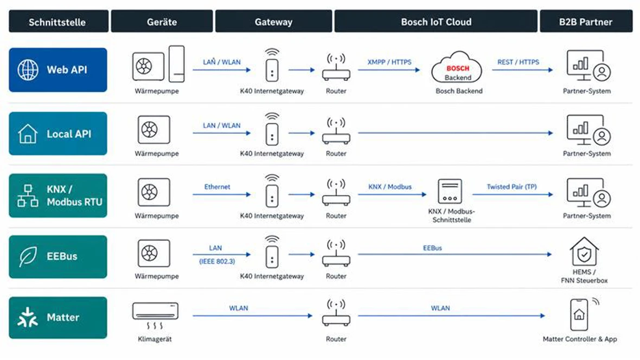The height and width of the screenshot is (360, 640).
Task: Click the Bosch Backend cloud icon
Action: click(457, 67)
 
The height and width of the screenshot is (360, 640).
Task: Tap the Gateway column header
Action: click(273, 22)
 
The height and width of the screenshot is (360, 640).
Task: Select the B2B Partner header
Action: click(586, 22)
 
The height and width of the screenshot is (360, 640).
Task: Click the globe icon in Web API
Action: click(28, 70)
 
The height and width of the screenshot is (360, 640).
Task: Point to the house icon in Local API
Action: click(28, 133)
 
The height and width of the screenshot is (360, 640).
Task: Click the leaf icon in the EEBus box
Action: click(28, 257)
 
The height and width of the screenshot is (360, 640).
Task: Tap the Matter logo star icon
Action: click(28, 318)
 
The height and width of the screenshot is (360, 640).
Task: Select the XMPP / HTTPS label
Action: click(389, 62)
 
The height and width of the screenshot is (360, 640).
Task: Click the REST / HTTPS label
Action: click(518, 62)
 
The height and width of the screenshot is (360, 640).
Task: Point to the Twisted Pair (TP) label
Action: click(512, 187)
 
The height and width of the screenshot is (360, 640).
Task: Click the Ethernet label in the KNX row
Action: click(217, 187)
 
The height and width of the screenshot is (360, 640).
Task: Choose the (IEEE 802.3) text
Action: click(217, 261)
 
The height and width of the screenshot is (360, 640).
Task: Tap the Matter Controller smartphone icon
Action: click(580, 314)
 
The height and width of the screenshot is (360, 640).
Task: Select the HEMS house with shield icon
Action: click(584, 252)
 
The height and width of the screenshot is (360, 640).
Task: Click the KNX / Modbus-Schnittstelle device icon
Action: click(450, 191)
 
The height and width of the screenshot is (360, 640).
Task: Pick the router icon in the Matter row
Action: click(336, 313)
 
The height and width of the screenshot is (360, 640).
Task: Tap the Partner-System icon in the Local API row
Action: click(588, 130)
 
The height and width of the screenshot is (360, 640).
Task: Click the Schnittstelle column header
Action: click(57, 22)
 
